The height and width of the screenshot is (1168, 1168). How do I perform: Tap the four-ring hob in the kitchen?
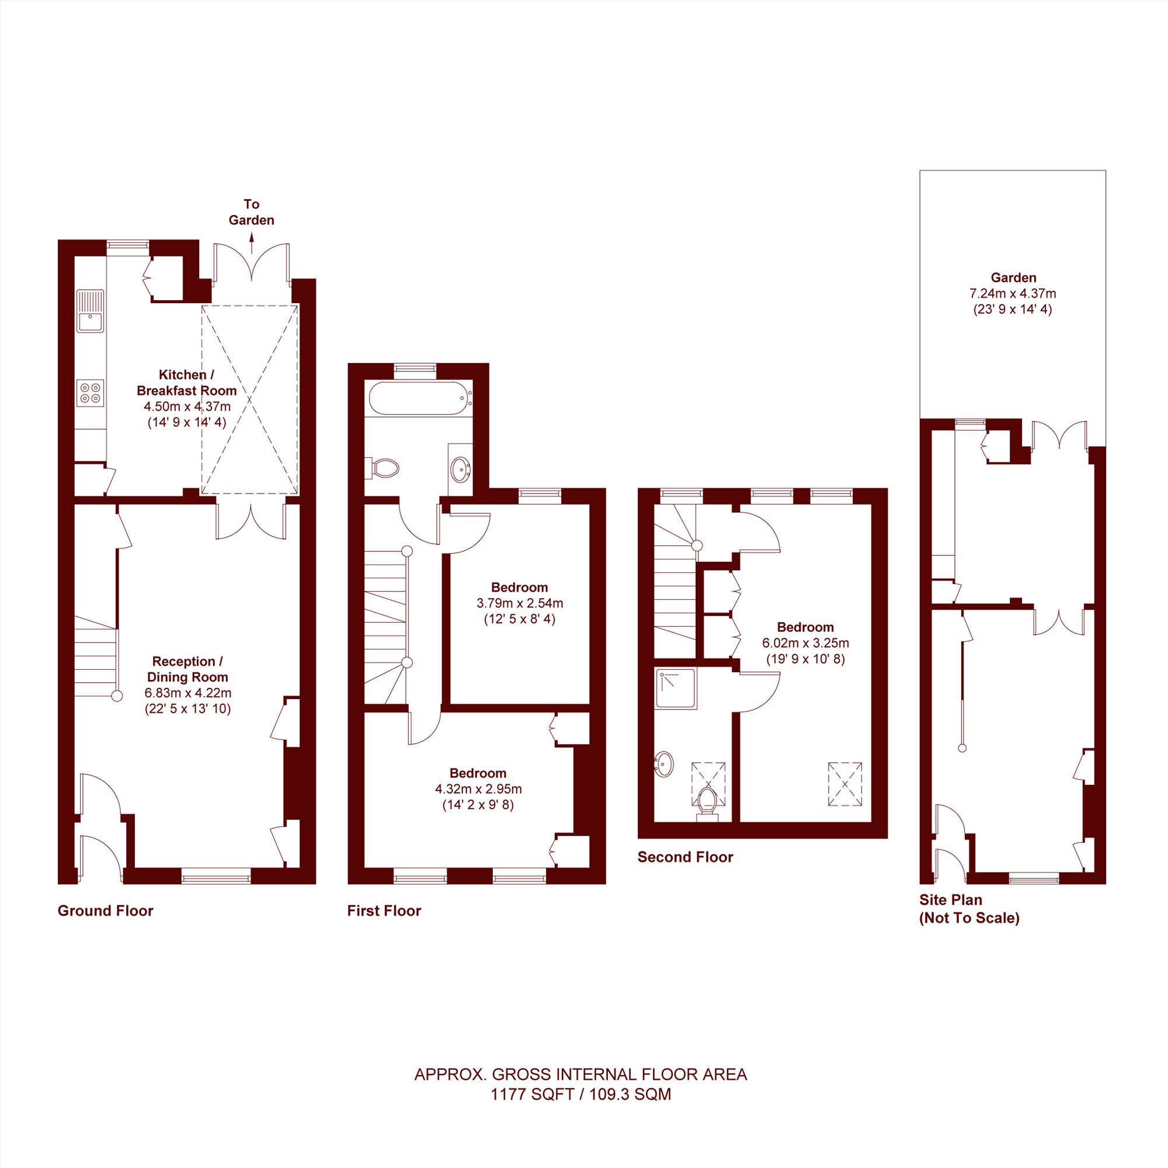coord(90,393)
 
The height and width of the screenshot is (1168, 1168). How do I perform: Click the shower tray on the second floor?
coord(675,688)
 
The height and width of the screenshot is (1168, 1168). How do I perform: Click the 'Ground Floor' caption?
coord(105,910)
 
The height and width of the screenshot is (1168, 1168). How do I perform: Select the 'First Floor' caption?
coord(384,910)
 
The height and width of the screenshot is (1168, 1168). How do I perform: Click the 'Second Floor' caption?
coord(685,857)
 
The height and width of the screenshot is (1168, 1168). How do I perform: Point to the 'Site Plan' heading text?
coord(951,899)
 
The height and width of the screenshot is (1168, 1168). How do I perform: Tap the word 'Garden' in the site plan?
coord(1013,277)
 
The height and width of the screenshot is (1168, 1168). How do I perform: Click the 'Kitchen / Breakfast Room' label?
coord(187,382)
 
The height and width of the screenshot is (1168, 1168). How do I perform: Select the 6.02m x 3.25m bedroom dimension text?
coord(805,642)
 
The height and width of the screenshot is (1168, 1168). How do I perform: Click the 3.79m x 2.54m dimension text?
coord(520,603)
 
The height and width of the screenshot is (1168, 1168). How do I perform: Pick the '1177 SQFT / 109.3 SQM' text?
coord(580,1111)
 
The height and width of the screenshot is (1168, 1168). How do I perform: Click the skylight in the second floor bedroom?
coord(844,784)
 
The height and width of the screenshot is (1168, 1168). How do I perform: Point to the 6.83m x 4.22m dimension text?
coord(187,693)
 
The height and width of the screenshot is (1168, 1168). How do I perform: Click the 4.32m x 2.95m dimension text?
coord(478,789)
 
